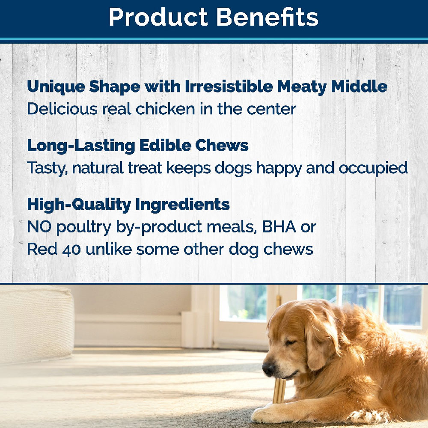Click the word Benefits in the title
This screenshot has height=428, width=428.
267,17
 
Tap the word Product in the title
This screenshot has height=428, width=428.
158,17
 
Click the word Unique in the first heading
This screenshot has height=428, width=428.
56,87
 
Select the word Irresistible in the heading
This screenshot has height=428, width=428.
229,86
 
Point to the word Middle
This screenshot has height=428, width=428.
359,86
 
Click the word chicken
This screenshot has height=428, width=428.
165,109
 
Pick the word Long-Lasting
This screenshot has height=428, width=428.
81,146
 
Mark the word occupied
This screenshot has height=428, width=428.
373,168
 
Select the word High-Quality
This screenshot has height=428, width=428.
79,205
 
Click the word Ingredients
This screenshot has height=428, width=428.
182,205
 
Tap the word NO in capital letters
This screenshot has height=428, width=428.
39,226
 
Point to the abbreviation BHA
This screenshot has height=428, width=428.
279,226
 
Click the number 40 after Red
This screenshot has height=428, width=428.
71,250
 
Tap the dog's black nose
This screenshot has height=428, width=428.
269,369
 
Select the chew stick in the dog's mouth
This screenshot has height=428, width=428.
279,390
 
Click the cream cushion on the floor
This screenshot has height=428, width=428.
37,325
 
